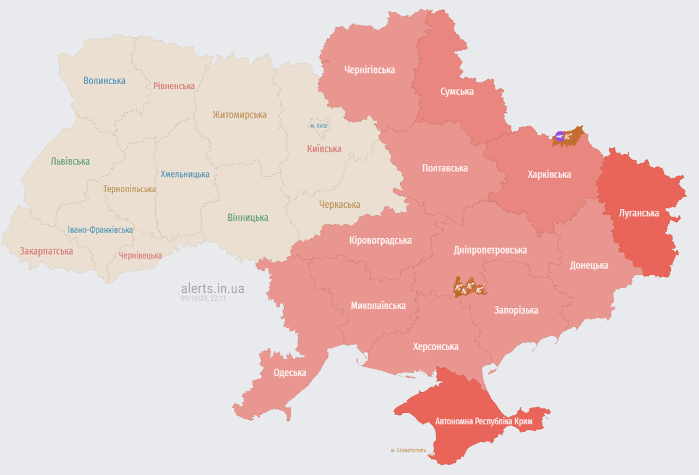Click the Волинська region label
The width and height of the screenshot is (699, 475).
tap(104, 80)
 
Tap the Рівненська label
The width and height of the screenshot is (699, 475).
tap(174, 86)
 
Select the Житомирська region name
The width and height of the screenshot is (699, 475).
tap(239, 114)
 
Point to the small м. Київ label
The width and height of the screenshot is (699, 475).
tap(319, 126)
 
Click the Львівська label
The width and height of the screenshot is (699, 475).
tap(70, 161)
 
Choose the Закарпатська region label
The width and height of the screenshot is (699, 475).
tap(46, 251)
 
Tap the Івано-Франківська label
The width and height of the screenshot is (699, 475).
tap(100, 230)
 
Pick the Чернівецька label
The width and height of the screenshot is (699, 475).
tap(140, 255)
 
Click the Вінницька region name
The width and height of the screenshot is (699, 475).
tap(247, 218)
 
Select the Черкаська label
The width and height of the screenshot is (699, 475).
tap(340, 205)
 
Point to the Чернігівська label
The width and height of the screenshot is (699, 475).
tap(370, 70)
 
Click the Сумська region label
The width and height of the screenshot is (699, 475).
tap(457, 92)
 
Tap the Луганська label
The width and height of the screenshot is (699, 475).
tap(639, 213)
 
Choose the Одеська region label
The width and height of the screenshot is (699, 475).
tap(289, 372)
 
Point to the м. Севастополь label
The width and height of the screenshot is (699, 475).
tap(408, 450)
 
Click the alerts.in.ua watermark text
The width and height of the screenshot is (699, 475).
tap(212, 288)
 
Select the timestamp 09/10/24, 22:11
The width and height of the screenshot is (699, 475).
tap(204, 298)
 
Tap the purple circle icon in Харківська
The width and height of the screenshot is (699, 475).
tap(560, 137)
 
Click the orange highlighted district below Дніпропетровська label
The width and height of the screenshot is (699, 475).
tap(469, 287)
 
